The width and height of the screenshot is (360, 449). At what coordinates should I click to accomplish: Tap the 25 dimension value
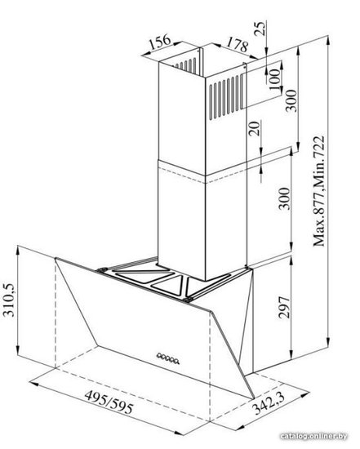[260, 28]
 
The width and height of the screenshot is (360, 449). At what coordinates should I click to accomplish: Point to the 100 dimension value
[275, 79]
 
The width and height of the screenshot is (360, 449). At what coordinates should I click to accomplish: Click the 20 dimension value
[255, 128]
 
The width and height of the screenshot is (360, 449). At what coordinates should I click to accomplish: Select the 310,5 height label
[8, 300]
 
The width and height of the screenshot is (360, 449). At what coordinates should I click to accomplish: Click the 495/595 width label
[109, 402]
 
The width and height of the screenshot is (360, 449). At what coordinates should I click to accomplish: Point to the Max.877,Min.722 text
[318, 191]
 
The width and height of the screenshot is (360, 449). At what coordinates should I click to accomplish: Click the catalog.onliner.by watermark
[313, 436]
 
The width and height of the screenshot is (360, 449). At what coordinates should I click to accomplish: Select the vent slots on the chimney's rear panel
[185, 64]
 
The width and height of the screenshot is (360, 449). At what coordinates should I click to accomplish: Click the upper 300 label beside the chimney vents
[292, 100]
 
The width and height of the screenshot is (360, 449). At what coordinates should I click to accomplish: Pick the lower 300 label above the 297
[284, 198]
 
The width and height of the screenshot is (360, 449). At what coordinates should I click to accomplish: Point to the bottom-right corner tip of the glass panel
[255, 398]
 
